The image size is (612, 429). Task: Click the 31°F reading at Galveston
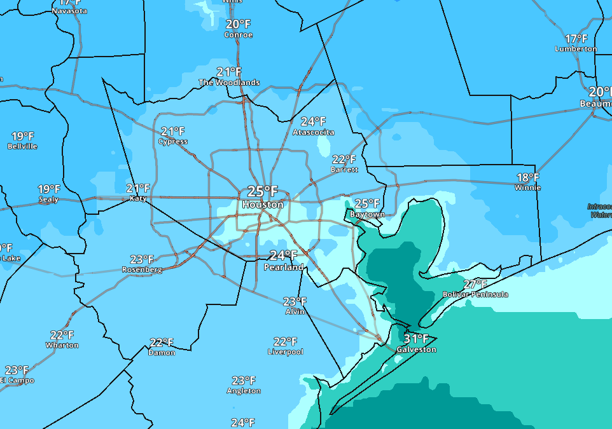(416, 339)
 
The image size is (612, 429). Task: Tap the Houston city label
(263, 205)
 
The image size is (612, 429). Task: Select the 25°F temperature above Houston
(263, 191)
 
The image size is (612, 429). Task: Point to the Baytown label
(367, 214)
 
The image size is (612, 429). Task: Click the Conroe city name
(238, 35)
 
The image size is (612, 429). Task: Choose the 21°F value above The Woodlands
(229, 72)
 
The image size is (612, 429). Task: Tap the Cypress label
(173, 141)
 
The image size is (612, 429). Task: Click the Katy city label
(138, 198)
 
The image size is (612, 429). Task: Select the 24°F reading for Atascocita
(313, 121)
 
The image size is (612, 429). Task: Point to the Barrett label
(344, 170)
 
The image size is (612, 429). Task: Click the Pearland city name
(283, 268)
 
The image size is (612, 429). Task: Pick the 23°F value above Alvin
(295, 301)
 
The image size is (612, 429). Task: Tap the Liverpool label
(285, 351)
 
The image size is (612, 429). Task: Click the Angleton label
(244, 391)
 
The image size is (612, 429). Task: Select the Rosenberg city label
(142, 269)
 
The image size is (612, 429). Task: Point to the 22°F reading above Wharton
(62, 335)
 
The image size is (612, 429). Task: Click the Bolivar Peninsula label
(475, 294)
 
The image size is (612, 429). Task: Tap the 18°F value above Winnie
(527, 177)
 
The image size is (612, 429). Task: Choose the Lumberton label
(576, 49)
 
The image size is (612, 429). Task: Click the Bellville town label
(22, 146)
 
